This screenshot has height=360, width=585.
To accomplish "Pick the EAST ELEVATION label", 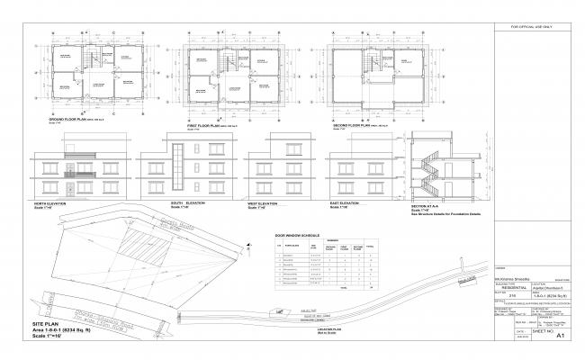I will [x=346, y=203].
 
